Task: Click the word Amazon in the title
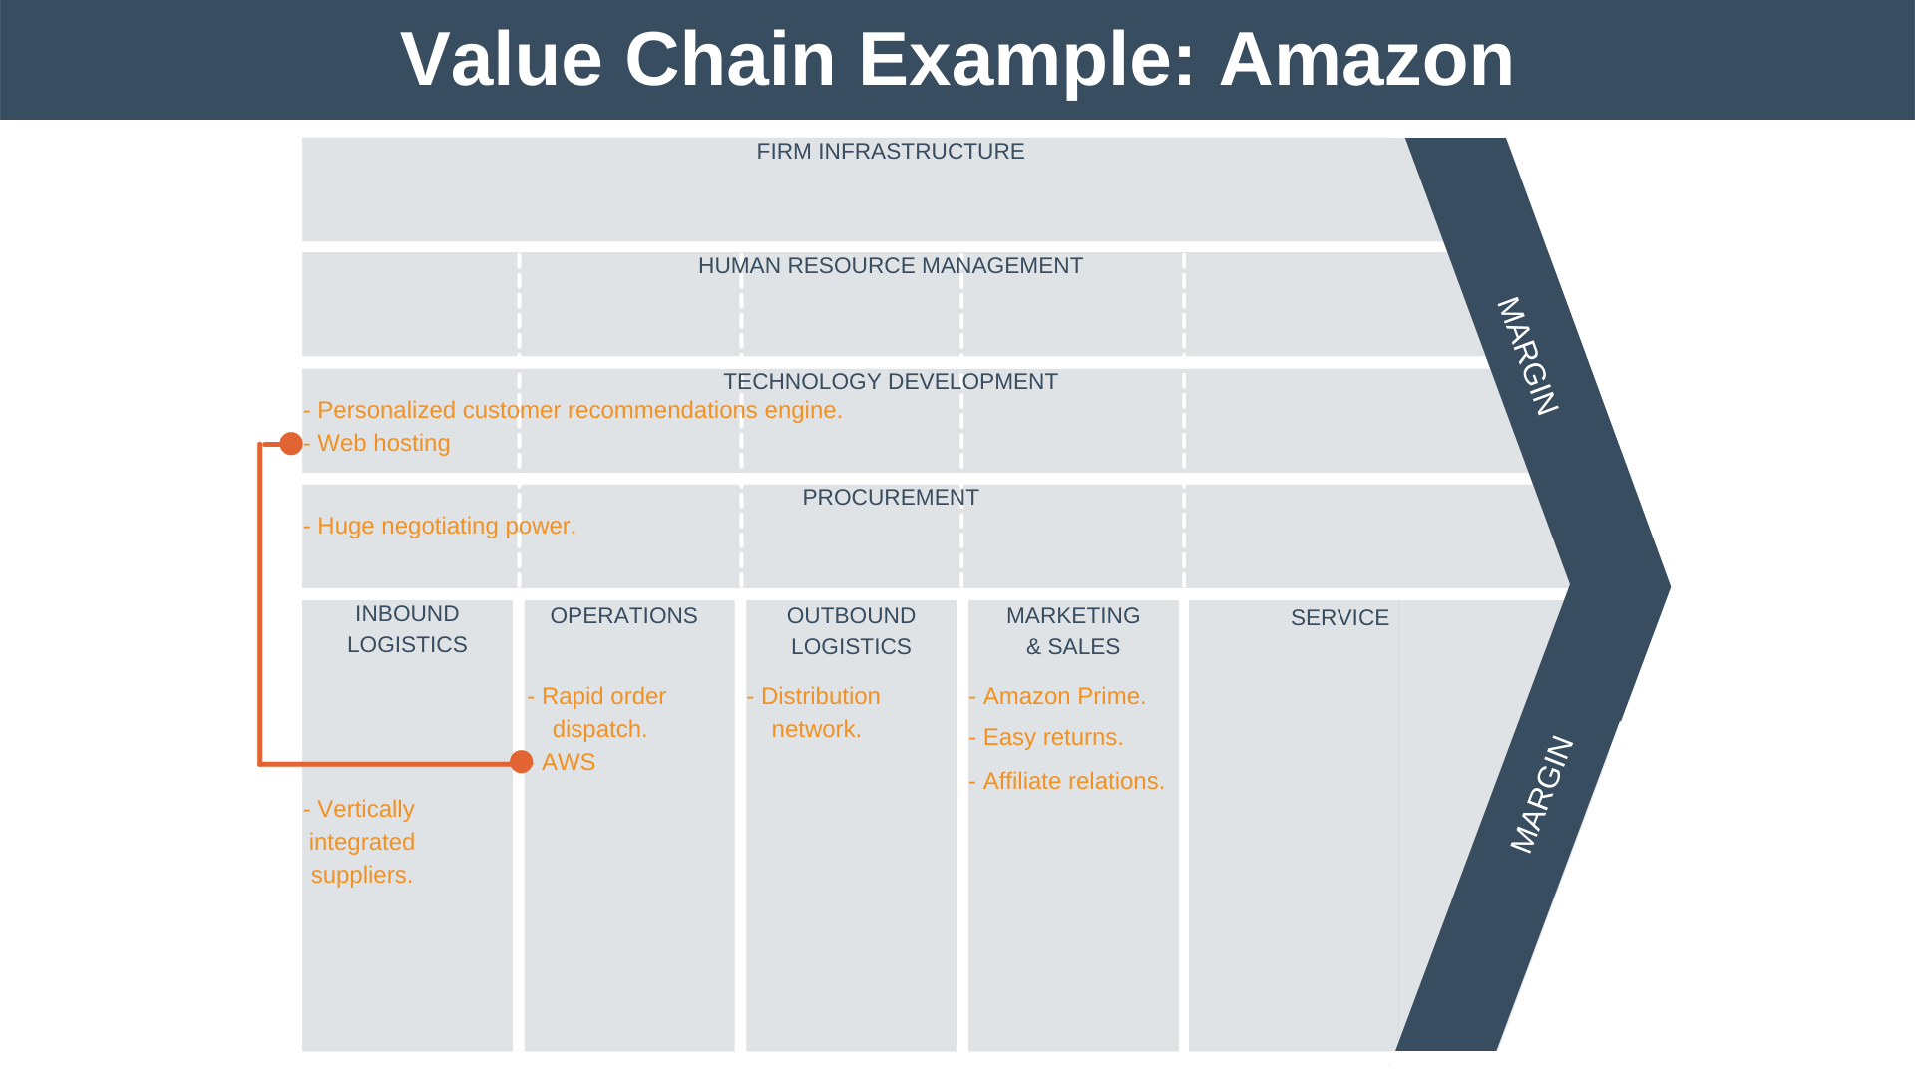tap(1365, 60)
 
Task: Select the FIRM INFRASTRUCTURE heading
tap(890, 152)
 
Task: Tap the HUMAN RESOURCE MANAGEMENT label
tap(890, 266)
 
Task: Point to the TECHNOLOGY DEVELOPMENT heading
tap(890, 382)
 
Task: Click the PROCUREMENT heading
tap(890, 498)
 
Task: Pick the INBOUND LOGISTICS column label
tap(407, 629)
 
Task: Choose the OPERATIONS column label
tap(623, 616)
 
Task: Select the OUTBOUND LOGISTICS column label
tap(851, 631)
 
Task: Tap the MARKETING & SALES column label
tap(1073, 631)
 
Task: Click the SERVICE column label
tap(1340, 618)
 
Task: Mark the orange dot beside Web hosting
tap(291, 444)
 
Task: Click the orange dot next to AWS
tap(521, 762)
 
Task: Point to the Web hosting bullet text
tap(383, 444)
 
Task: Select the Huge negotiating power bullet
tap(445, 527)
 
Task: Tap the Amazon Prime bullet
tap(1063, 697)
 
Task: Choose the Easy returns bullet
tap(1051, 738)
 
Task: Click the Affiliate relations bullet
tap(1072, 782)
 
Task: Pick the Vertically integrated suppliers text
tap(362, 842)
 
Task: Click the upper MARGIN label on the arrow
tap(1527, 356)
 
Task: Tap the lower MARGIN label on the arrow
tap(1541, 795)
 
